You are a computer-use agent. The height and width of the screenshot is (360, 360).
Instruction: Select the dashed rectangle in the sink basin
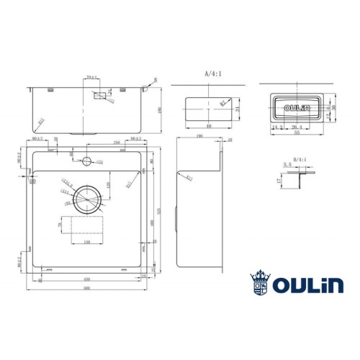pyautogui.click(x=88, y=229)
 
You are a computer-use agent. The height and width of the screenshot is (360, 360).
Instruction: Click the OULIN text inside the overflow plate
pyautogui.click(x=297, y=109)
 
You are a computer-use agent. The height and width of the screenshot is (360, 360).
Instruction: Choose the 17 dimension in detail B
pyautogui.click(x=279, y=181)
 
